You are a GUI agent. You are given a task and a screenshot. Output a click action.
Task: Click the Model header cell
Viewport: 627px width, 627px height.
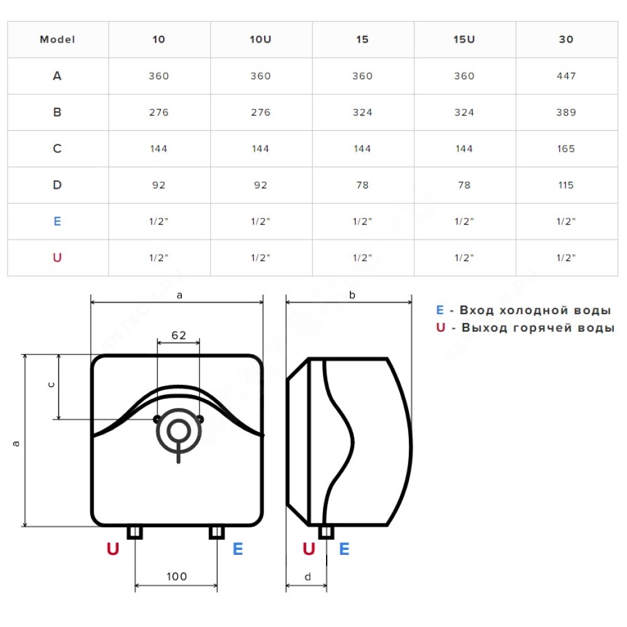coord(58,40)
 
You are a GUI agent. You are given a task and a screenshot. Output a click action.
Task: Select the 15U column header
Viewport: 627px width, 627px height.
coord(464,40)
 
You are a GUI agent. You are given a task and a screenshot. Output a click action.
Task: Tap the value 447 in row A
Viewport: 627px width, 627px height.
coord(566,76)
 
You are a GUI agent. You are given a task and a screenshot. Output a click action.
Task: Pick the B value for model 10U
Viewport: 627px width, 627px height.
coord(261,112)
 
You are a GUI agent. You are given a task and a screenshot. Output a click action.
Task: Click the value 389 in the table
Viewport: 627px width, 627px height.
coord(566,112)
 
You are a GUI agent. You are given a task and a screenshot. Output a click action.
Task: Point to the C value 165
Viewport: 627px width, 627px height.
coord(566,149)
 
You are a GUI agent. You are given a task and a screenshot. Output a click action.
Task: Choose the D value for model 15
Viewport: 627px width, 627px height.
coord(362,185)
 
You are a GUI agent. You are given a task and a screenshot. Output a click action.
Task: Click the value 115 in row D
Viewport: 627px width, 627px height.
coord(566,185)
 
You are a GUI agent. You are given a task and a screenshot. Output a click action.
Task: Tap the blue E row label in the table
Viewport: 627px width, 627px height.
coord(57,221)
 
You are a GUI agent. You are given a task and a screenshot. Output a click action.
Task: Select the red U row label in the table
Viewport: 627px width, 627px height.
coord(57,258)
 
